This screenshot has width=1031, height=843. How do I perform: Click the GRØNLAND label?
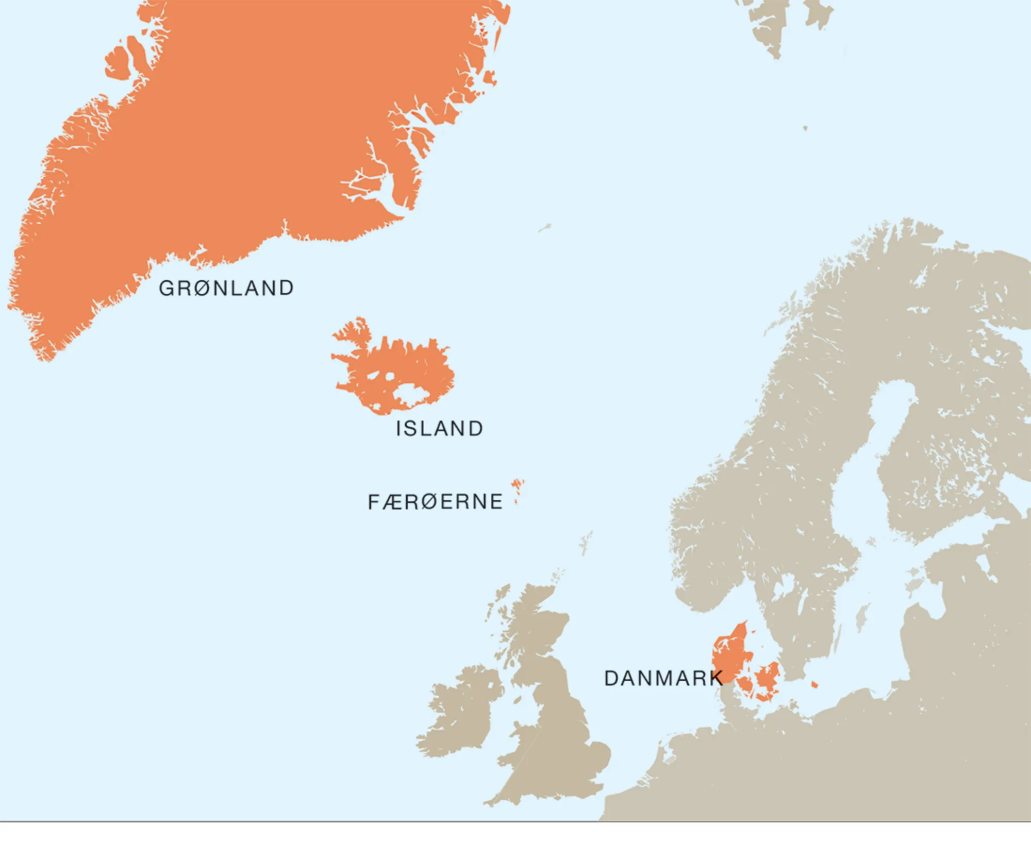(x=226, y=288)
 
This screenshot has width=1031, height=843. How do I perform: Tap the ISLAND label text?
(x=439, y=429)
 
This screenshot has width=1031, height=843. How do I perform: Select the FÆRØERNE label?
(x=435, y=502)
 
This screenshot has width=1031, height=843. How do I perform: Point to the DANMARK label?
(x=663, y=679)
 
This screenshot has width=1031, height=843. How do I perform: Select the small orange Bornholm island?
(x=814, y=685)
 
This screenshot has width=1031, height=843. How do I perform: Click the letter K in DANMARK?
(x=717, y=679)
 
